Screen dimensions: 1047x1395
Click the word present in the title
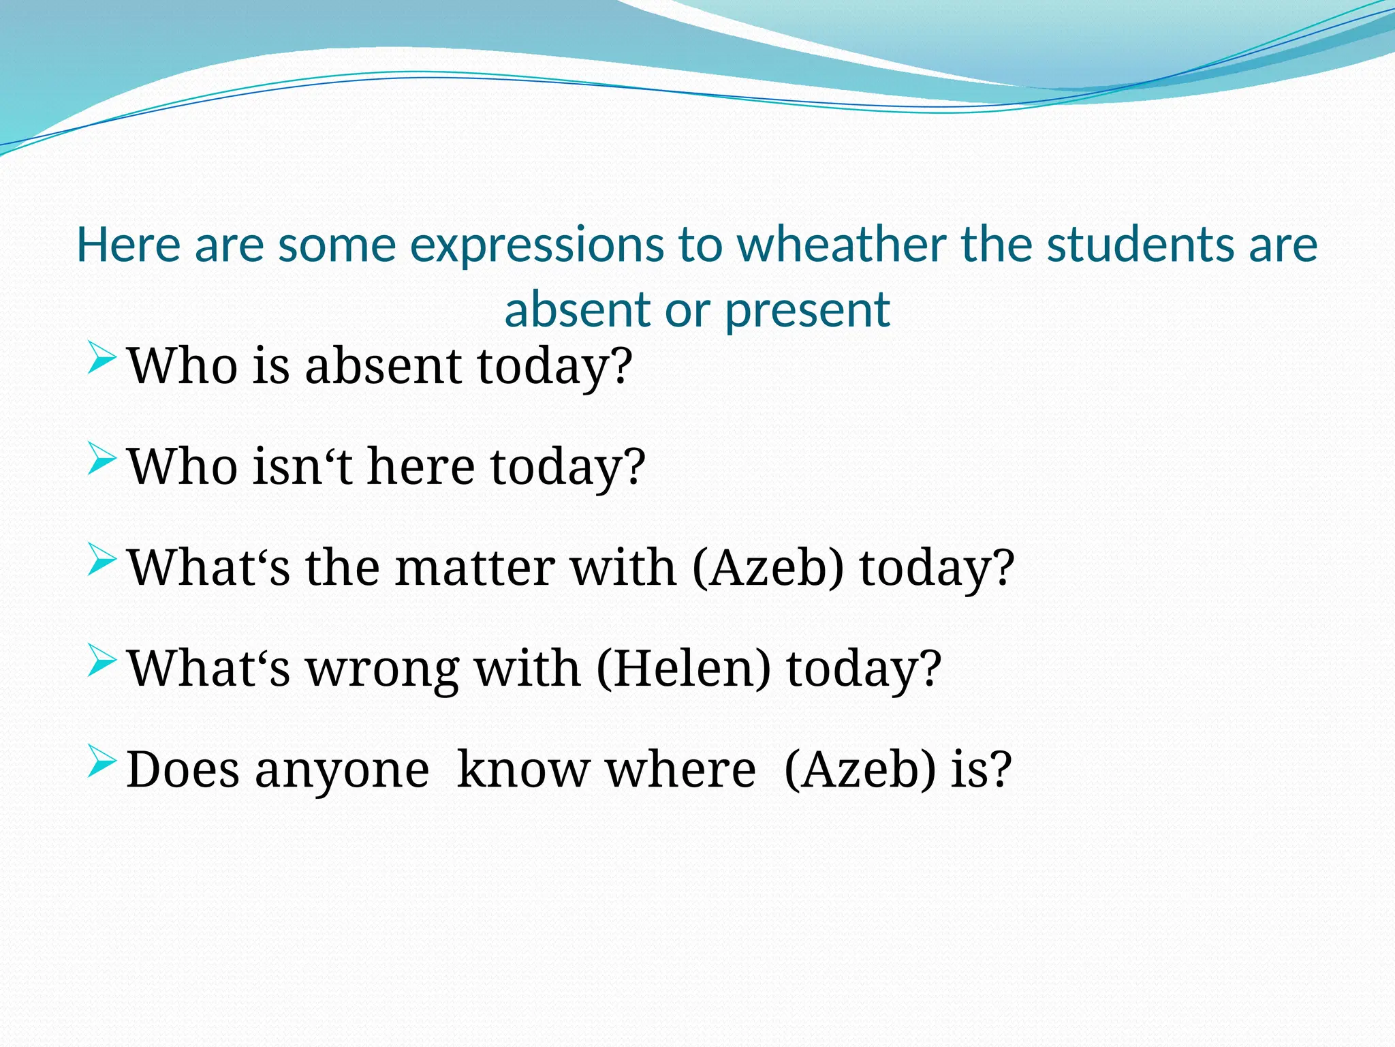(x=807, y=311)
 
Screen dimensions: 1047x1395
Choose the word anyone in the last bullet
(x=342, y=770)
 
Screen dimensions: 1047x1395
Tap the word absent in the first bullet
(x=383, y=365)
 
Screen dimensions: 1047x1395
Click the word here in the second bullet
(x=420, y=466)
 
